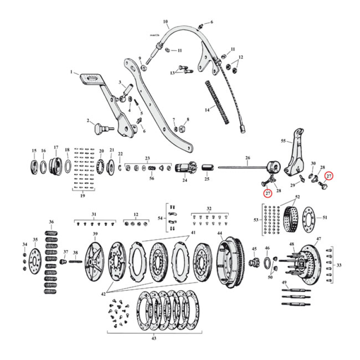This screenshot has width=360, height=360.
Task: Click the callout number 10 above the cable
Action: click(x=165, y=21)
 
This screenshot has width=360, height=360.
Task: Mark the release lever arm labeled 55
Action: click(x=295, y=153)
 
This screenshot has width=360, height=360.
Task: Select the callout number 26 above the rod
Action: click(x=247, y=158)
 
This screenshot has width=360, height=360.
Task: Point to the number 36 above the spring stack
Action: click(x=51, y=222)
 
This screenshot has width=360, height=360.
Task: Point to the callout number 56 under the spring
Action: click(x=152, y=179)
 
